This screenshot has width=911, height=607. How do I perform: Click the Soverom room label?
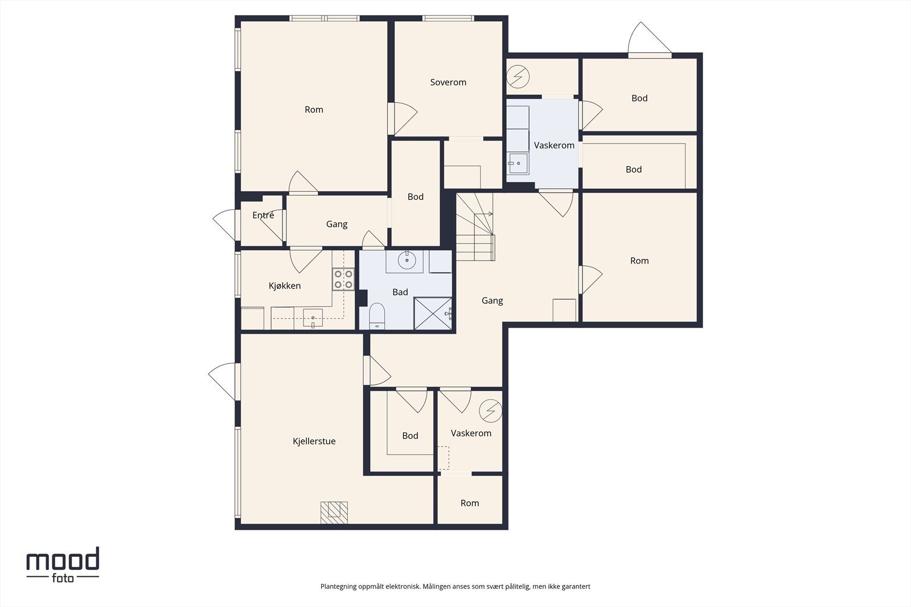click(x=448, y=82)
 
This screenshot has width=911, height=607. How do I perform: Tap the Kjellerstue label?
click(x=314, y=441)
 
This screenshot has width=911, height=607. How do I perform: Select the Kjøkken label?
click(x=285, y=286)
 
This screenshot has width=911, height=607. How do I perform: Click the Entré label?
click(x=263, y=215)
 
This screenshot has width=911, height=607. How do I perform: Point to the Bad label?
click(x=400, y=292)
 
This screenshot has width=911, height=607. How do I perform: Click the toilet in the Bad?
click(x=377, y=316)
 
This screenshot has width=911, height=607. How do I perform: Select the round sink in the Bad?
click(x=407, y=259)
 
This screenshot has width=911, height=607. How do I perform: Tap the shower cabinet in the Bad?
click(x=433, y=313)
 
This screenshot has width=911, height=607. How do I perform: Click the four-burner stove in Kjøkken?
click(x=343, y=279)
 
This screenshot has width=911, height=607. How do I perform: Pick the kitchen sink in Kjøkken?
click(x=313, y=317)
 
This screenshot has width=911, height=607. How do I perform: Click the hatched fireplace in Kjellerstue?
click(x=334, y=513)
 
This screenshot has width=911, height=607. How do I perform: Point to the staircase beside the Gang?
click(x=475, y=227)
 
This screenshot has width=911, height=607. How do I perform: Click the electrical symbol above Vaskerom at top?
click(x=518, y=76)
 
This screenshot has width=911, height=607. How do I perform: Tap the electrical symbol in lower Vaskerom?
click(x=490, y=411)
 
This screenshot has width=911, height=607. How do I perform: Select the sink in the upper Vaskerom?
click(x=518, y=164)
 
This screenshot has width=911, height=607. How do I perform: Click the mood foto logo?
click(x=63, y=565)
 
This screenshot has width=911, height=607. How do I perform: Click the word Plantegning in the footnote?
click(x=338, y=587)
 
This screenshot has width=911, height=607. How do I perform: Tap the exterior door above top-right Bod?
click(x=650, y=39)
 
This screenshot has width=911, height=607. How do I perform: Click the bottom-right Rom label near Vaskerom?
click(x=470, y=503)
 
